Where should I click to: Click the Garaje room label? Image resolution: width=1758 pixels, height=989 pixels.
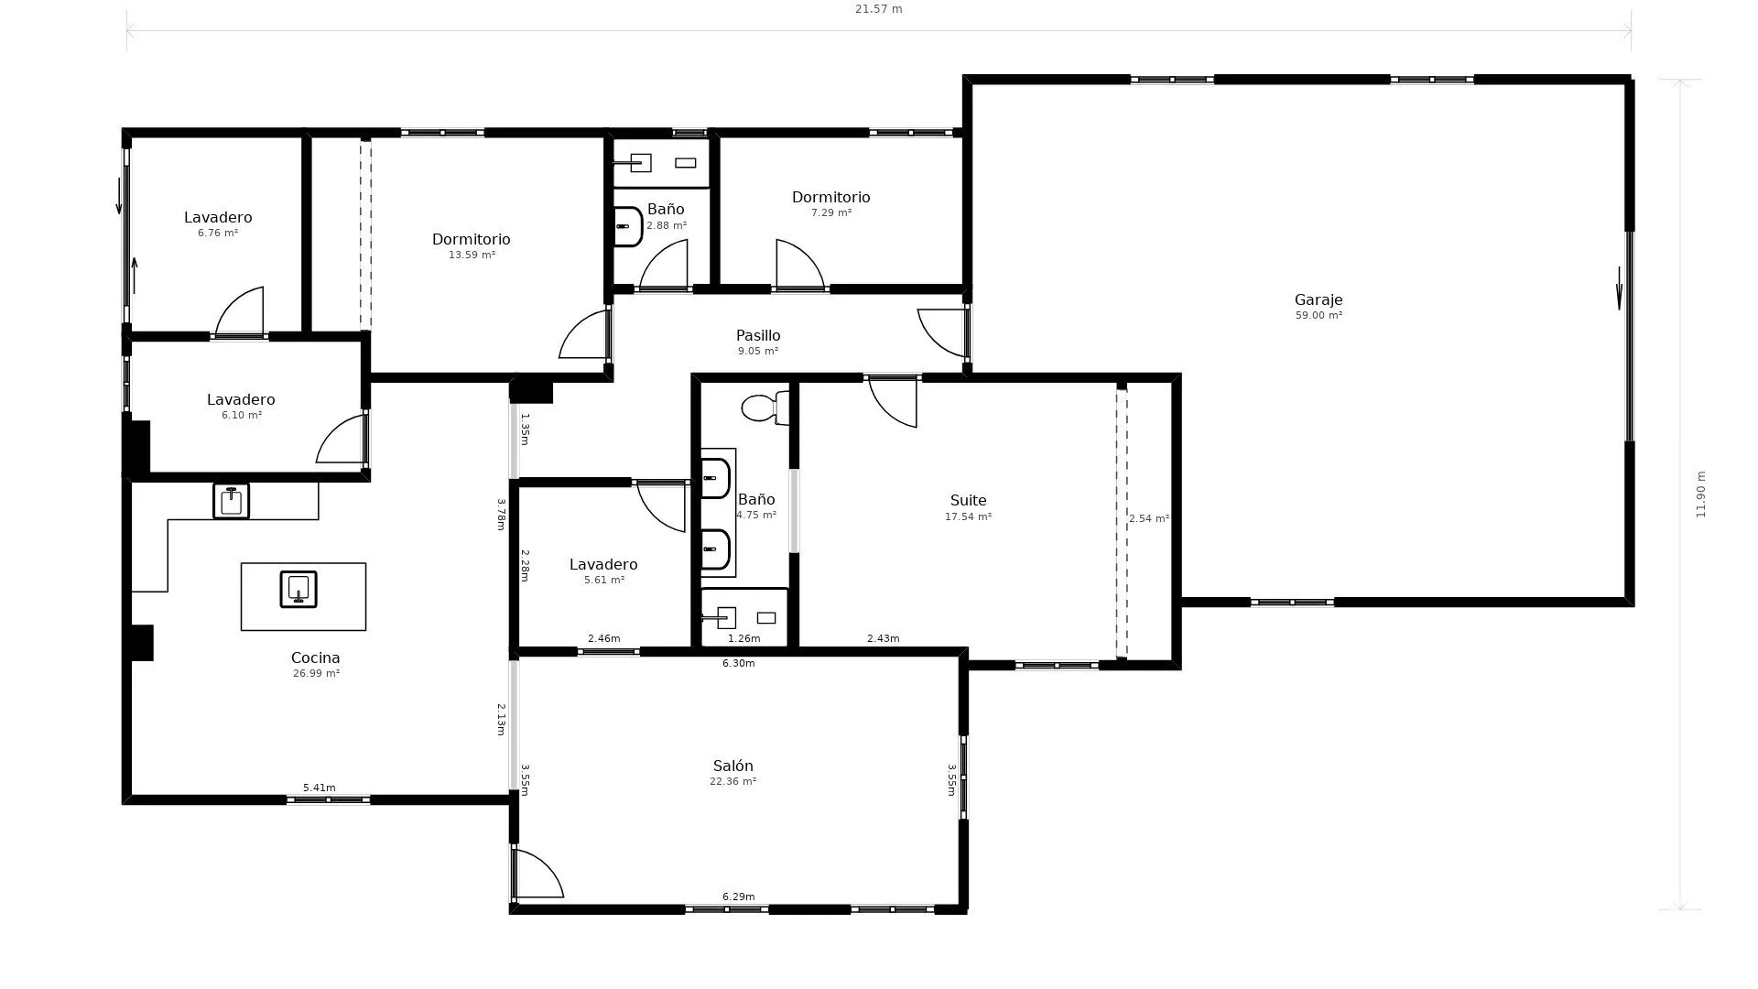[x=1318, y=299]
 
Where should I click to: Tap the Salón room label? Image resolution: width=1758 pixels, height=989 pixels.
[x=732, y=766]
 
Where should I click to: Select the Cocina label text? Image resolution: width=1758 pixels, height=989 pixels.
[x=315, y=658]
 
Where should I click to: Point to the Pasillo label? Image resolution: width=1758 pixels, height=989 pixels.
[x=758, y=335]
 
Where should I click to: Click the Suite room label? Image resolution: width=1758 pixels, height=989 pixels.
[x=968, y=500]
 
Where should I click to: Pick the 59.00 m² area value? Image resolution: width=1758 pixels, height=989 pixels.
[x=1318, y=316]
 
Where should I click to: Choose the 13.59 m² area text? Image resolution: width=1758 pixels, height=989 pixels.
[x=472, y=255]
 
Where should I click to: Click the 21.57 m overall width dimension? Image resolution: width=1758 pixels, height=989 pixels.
[x=878, y=9]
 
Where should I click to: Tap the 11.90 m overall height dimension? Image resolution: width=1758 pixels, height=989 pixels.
[x=1701, y=494]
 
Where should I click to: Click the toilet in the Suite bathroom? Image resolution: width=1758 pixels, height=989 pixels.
[x=765, y=408]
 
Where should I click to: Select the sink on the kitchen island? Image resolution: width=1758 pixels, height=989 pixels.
[x=298, y=590]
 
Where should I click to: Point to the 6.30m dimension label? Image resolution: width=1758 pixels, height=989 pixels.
[x=738, y=663]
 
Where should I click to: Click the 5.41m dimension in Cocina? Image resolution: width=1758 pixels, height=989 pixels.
[x=319, y=788]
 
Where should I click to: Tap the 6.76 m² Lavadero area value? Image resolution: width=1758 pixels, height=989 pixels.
[x=218, y=234]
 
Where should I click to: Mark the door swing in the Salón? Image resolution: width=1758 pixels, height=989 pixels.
[x=537, y=874]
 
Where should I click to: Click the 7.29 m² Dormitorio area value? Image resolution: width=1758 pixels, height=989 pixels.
[x=831, y=213]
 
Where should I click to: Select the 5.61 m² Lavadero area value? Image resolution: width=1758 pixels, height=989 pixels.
[x=603, y=581]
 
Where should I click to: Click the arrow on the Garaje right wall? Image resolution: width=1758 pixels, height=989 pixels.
[x=1619, y=288]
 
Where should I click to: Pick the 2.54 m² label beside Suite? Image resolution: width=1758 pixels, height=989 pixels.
[x=1149, y=518]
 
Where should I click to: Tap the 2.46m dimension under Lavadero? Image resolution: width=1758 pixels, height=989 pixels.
[x=603, y=638]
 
